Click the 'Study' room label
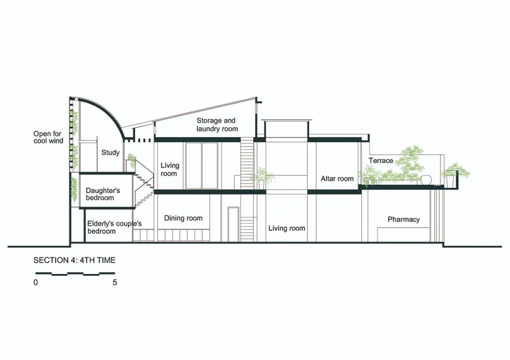pyautogui.click(x=110, y=152)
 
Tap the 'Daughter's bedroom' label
pyautogui.click(x=103, y=194)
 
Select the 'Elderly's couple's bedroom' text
pyautogui.click(x=114, y=227)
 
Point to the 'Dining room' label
pyautogui.click(x=183, y=218)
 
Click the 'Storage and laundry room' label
pyautogui.click(x=217, y=124)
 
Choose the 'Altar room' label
pyautogui.click(x=337, y=178)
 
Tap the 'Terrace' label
pyautogui.click(x=381, y=161)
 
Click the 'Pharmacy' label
pyautogui.click(x=404, y=220)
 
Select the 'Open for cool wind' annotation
pyautogui.click(x=48, y=137)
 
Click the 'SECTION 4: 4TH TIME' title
pyautogui.click(x=75, y=260)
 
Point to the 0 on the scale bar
pyautogui.click(x=36, y=282)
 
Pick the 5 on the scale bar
pyautogui.click(x=115, y=282)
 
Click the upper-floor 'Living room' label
pyautogui.click(x=170, y=169)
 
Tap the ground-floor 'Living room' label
pyautogui.click(x=286, y=228)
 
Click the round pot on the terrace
pyautogui.click(x=426, y=180)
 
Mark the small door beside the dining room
pyautogui.click(x=233, y=224)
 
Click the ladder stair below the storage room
pyautogui.click(x=247, y=162)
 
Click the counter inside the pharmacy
pyautogui.click(x=404, y=235)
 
